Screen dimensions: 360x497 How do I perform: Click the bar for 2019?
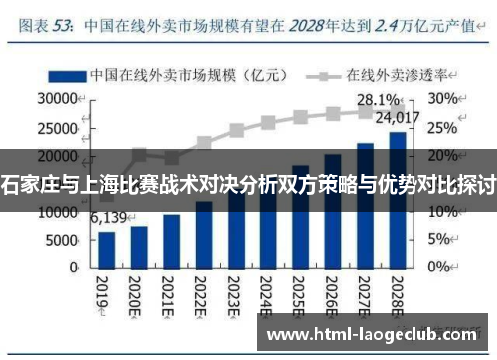coord(107,251)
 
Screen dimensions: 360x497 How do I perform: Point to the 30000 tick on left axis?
coord(58,99)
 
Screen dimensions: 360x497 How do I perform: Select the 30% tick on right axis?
coord(442,99)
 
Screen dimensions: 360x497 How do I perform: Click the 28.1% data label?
coord(378,100)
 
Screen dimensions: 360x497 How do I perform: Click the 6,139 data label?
coord(109,218)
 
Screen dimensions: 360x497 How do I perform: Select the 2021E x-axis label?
coord(171,292)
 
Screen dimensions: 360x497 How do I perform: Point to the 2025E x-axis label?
coord(299,292)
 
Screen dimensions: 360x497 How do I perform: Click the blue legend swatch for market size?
coord(64,75)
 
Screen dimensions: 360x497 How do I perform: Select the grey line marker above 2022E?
coord(204,142)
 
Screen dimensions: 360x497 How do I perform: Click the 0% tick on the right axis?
coord(438,268)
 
